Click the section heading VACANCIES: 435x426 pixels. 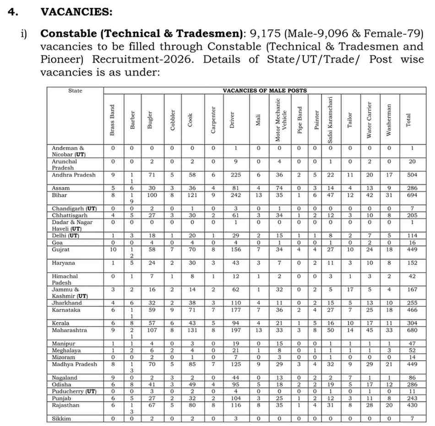coord(76,12)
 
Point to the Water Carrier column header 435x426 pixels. coord(370,120)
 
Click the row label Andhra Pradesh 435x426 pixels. coord(74,175)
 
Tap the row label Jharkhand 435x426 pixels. coord(67,303)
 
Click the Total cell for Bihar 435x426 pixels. coord(412,195)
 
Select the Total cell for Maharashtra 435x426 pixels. coord(412,330)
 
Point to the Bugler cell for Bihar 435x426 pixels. coord(151,195)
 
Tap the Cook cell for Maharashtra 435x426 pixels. coord(192,330)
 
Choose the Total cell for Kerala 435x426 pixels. coord(412,323)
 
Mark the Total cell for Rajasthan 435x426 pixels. coord(412,405)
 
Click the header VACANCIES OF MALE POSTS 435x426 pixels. coord(265,91)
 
